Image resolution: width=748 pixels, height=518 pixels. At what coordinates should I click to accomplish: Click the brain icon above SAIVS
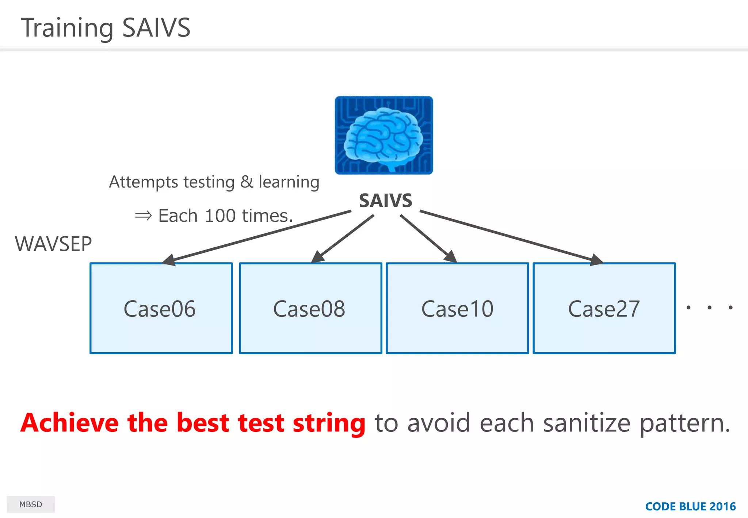384,135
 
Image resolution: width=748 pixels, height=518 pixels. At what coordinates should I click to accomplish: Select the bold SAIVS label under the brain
385,201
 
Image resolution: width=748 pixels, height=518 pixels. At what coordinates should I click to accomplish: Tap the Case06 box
161,308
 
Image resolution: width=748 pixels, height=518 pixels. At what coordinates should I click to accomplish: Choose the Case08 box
310,308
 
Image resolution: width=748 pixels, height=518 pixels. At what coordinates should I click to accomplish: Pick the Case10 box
457,308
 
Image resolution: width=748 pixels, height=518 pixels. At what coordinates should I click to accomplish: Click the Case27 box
604,308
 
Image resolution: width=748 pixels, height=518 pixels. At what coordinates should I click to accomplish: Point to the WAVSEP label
53,244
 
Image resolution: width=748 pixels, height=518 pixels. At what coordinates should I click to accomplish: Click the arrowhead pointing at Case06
169,260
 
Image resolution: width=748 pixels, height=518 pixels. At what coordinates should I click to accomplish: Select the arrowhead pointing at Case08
318,256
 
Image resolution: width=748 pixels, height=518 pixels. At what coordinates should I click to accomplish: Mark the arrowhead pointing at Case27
596,260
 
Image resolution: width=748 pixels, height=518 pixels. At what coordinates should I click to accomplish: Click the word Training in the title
67,28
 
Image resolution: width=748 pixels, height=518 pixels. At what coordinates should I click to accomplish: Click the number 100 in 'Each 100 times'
220,216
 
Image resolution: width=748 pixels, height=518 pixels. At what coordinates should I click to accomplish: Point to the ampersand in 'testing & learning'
247,182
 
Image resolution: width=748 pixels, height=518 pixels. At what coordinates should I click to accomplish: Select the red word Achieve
69,423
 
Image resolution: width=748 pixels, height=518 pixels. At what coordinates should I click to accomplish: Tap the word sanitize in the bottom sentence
587,423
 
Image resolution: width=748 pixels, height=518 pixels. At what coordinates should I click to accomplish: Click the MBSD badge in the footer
31,504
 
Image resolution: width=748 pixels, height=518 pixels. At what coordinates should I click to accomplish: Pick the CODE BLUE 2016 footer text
690,506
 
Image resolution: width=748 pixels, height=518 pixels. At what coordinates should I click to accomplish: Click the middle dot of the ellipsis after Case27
709,308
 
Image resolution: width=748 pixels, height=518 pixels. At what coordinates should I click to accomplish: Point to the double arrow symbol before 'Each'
143,216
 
